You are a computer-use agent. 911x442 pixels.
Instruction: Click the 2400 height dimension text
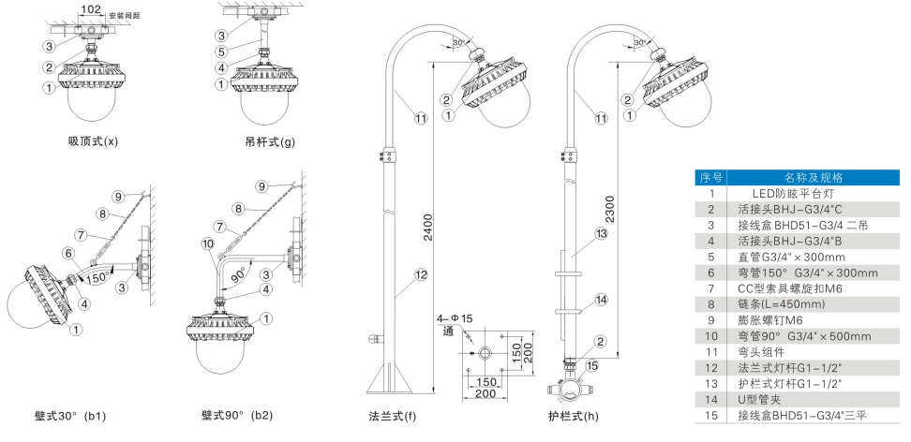428,228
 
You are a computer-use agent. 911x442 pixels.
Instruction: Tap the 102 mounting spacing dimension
90,10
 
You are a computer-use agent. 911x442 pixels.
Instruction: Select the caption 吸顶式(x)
93,141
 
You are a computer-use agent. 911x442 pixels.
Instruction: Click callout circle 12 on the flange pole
421,275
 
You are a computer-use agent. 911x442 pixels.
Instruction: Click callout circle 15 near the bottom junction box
592,364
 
